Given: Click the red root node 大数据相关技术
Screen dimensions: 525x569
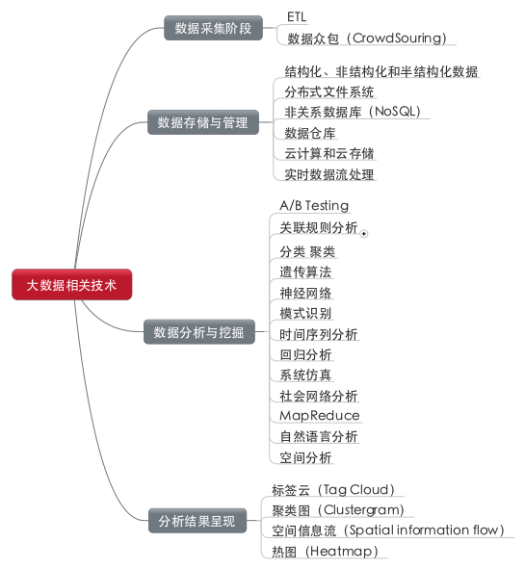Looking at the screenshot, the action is [x=72, y=285].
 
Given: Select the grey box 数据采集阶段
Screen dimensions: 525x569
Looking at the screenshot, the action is [x=213, y=28].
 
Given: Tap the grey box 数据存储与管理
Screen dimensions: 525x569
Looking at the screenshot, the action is [x=203, y=122].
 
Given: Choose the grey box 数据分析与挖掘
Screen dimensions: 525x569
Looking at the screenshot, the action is [x=199, y=331].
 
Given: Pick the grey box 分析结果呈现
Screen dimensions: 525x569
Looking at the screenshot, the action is [x=197, y=521].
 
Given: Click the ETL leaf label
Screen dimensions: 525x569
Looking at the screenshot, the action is [x=297, y=16].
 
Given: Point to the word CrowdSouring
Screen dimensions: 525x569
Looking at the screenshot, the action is [x=397, y=39].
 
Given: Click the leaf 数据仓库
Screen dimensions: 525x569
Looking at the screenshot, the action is [x=309, y=133].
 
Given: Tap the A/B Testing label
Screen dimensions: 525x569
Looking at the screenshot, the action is [x=314, y=205].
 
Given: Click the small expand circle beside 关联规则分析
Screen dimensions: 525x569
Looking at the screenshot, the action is [x=364, y=234].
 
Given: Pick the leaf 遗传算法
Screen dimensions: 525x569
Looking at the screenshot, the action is [x=305, y=272].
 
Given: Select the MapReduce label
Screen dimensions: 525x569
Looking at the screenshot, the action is [x=320, y=416].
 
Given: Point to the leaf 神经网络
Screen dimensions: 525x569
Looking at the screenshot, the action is [x=305, y=293].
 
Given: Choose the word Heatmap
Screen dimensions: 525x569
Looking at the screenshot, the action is [x=341, y=552].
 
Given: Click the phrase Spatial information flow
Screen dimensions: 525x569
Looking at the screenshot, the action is [x=423, y=530].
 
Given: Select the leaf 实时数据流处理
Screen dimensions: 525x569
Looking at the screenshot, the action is [x=328, y=174].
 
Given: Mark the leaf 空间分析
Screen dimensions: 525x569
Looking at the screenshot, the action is [x=305, y=457].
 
